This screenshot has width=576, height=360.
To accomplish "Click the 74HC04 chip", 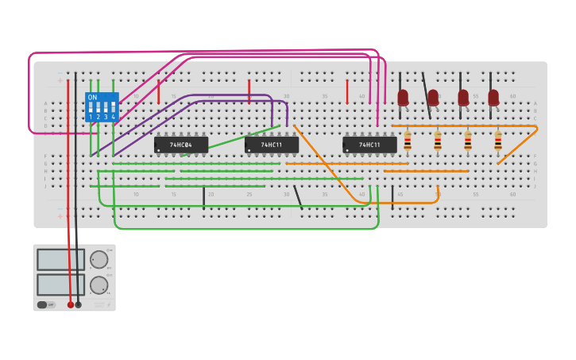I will [181, 145].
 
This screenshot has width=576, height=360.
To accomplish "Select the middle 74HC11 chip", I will [272, 145].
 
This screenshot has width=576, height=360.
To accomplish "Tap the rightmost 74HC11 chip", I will [369, 145].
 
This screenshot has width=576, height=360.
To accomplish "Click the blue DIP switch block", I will [102, 107].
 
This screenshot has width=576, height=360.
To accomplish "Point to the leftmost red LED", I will [403, 97].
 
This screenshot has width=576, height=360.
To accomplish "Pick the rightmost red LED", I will [493, 97].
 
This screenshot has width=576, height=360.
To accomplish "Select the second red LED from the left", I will [433, 97].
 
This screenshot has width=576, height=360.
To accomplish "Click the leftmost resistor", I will [408, 141].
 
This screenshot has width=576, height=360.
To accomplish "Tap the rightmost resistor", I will [498, 141].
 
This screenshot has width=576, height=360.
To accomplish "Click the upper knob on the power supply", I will [99, 260].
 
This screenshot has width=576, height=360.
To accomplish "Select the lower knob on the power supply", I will [99, 285].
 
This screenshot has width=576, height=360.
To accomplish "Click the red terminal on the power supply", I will [70, 304].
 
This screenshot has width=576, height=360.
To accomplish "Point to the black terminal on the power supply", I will [78, 304].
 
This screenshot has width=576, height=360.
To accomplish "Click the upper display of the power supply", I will [60, 260].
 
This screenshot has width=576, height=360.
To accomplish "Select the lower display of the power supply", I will [60, 285].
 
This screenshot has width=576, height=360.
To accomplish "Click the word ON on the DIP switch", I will [92, 98].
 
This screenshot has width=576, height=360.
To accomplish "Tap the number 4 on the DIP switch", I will [114, 117].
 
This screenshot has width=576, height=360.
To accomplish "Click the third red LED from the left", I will [463, 97].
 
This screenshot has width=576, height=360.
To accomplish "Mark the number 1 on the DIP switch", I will [91, 117].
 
